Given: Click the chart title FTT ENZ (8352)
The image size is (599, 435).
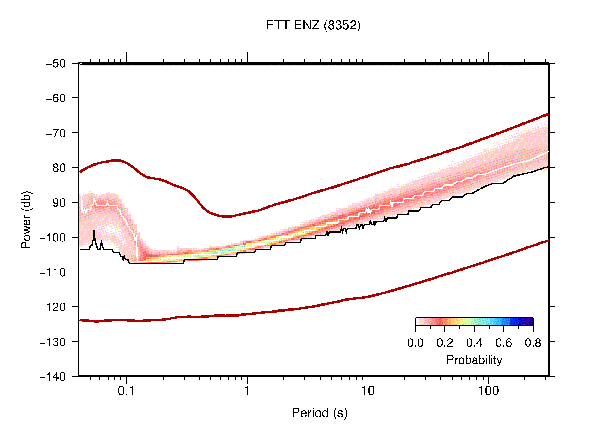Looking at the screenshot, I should (x=313, y=25).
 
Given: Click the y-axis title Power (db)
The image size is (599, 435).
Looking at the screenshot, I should (x=26, y=220).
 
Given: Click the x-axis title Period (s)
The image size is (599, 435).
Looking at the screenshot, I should (x=319, y=413).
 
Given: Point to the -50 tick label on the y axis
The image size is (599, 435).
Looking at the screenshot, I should (x=56, y=64).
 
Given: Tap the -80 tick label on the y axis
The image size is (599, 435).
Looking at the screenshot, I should (x=56, y=168).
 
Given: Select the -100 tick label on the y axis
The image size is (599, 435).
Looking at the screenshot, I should (x=53, y=237).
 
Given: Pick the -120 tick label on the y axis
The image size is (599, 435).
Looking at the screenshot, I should (x=53, y=307).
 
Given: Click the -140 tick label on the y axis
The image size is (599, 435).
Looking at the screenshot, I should (x=53, y=377).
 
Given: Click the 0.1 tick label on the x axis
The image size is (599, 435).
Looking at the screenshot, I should (x=126, y=391).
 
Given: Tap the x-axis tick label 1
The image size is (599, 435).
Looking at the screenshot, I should (x=247, y=391).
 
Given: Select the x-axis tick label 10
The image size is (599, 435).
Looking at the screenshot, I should (x=368, y=391).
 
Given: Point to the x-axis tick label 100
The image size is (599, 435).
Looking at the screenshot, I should (x=488, y=391).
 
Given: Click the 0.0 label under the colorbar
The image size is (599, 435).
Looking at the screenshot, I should (x=415, y=343).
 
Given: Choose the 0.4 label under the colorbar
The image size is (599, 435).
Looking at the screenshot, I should (x=474, y=343).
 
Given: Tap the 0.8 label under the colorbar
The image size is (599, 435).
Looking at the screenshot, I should (x=533, y=343).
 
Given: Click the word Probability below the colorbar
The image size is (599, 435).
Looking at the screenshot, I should (x=474, y=360).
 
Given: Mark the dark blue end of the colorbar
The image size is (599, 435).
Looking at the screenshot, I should (x=530, y=322).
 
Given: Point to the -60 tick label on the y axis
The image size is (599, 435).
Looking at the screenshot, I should (x=56, y=98).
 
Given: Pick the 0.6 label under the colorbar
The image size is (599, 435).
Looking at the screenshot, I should (x=504, y=343).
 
